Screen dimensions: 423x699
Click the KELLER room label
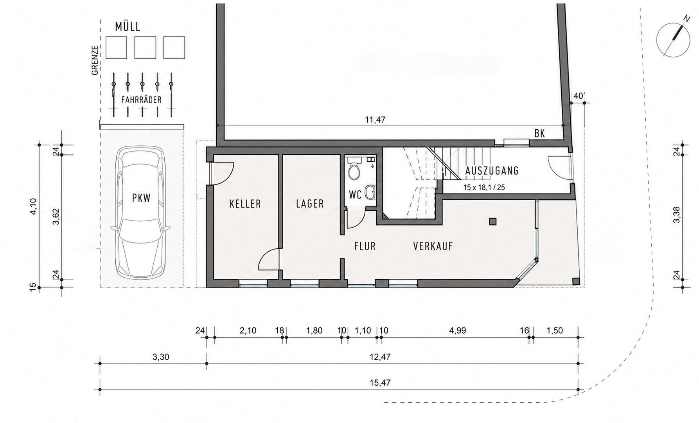pyautogui.click(x=245, y=204)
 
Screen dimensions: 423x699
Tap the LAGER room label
pyautogui.click(x=310, y=204)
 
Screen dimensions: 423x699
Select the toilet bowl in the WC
pyautogui.click(x=354, y=171)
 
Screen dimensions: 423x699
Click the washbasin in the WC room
pyautogui.click(x=370, y=192)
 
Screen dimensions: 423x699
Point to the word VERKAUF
pyautogui.click(x=433, y=246)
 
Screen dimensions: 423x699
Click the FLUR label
pyautogui.click(x=365, y=246)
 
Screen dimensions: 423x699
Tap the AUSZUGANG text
pyautogui.click(x=492, y=171)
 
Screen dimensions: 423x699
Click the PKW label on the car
pyautogui.click(x=141, y=198)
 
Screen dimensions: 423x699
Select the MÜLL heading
pyautogui.click(x=128, y=27)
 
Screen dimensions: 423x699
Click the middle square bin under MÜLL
pyautogui.click(x=145, y=48)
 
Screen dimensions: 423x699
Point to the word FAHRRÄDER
pyautogui.click(x=141, y=100)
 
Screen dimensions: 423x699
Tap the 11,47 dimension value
pyautogui.click(x=375, y=120)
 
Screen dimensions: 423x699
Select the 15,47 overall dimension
pyautogui.click(x=379, y=383)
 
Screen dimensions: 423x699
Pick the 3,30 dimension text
pyautogui.click(x=160, y=357)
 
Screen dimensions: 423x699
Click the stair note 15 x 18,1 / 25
pyautogui.click(x=484, y=188)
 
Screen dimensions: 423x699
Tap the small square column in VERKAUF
pyautogui.click(x=492, y=222)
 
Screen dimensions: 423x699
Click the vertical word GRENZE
pyautogui.click(x=95, y=60)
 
